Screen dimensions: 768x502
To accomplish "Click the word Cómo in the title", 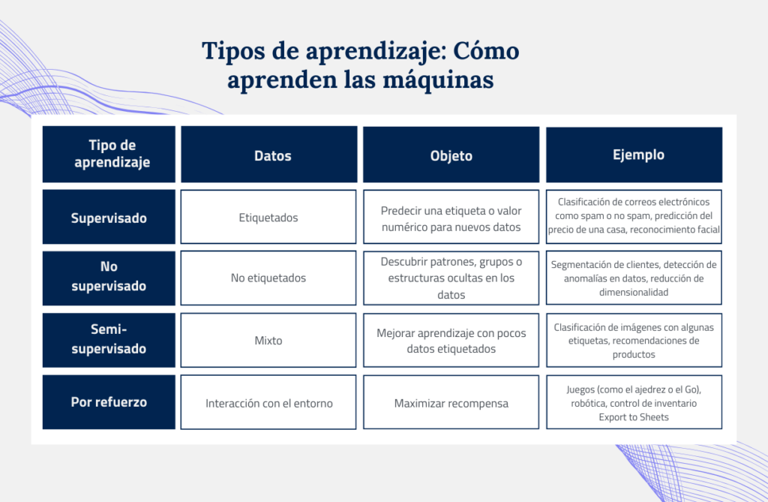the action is [486, 51].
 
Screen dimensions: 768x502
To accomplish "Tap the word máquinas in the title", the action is [438, 80].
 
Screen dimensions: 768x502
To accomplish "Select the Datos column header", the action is [269, 155].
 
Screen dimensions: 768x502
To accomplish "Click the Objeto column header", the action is [451, 155].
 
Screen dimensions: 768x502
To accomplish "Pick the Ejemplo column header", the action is [634, 155].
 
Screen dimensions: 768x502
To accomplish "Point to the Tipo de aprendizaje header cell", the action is [109, 155].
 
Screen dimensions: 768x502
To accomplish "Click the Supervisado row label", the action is [109, 217].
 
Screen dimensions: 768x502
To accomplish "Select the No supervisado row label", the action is [109, 278].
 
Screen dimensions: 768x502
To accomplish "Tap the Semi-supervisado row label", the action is [109, 340].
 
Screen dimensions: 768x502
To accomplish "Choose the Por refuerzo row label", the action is [109, 402].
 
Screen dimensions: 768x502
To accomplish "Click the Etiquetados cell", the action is [268, 217].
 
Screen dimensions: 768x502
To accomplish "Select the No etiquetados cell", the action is [268, 278].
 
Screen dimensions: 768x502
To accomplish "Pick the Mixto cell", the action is [268, 340].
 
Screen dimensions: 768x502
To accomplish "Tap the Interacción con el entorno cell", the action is [268, 402].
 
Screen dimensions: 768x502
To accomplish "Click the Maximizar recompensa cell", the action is [451, 402].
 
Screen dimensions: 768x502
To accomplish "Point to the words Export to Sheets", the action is [634, 417].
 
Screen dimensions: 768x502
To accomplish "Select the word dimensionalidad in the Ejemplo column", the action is [634, 292].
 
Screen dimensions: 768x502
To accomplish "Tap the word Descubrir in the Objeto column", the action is [403, 262].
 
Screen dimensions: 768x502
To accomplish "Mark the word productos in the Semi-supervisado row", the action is [634, 354].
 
